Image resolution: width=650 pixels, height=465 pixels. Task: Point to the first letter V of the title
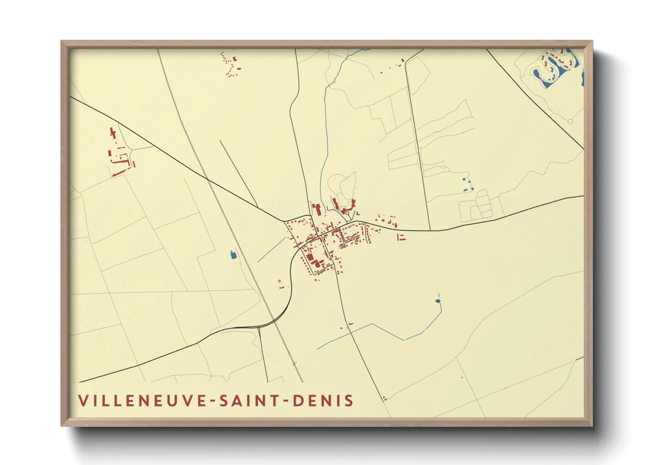(x=83, y=400)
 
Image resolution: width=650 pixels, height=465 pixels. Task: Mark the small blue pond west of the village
(x=233, y=254)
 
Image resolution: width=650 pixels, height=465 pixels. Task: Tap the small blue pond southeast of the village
(x=437, y=301)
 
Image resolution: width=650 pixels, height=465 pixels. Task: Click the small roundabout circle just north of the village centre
(x=347, y=214)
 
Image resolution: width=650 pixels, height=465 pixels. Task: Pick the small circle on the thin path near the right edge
(x=570, y=121)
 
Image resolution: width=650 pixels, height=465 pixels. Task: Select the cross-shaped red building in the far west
(x=113, y=133)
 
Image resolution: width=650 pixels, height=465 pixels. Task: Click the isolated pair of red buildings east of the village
(x=401, y=237)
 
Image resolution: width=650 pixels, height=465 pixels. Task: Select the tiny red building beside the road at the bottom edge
(x=384, y=398)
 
